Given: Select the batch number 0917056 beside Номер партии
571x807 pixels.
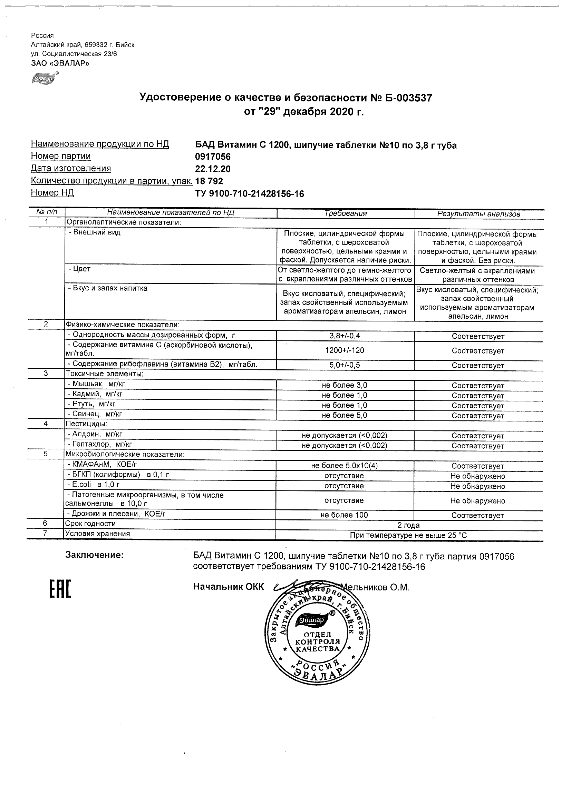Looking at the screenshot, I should coord(213,157).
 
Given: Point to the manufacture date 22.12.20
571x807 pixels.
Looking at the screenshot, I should coord(213,169).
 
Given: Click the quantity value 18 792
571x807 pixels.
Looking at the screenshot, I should coord(209,181).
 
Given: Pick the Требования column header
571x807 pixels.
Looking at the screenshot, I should coord(345,213).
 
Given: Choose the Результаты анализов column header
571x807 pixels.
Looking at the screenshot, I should coord(478,214).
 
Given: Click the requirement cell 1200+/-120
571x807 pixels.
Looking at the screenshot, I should coord(345,350).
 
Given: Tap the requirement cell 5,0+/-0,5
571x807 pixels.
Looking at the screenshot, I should coord(345,365).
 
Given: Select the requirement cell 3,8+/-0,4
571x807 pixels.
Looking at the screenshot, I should coord(345,336).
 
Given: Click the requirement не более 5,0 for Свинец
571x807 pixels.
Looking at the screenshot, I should coord(345,416).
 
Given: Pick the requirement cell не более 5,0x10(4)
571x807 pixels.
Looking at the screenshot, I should coord(345,466).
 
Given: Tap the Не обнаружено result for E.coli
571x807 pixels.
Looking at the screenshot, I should coord(477,487).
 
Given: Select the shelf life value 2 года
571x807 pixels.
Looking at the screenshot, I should coord(408,526).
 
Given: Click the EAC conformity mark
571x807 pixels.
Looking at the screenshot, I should coord(59,588).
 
